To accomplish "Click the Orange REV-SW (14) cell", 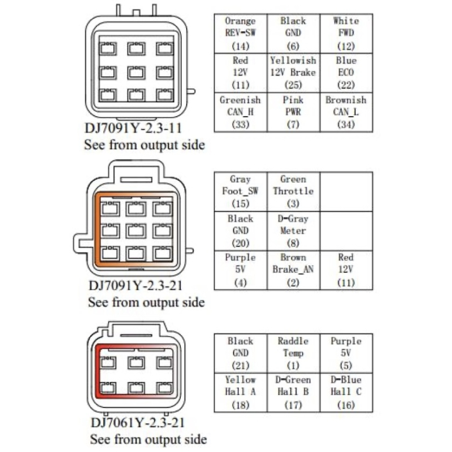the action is click(x=241, y=33).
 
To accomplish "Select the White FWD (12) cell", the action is click(x=346, y=33).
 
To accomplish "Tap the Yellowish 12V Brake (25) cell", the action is click(x=294, y=73).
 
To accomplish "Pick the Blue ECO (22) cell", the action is click(x=346, y=73).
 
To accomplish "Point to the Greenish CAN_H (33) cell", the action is click(x=241, y=112).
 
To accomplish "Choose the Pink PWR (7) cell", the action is click(x=294, y=112).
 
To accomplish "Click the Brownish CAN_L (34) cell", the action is click(x=346, y=112).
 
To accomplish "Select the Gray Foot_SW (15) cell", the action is click(x=241, y=192).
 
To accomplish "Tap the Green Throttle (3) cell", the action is click(x=294, y=192).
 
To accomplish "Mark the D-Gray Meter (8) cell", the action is click(x=294, y=231).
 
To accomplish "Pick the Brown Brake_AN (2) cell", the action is click(x=294, y=270).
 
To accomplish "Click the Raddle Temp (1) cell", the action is click(x=294, y=353).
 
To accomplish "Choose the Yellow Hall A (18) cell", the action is click(x=241, y=393).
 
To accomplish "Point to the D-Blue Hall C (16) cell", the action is click(x=346, y=393).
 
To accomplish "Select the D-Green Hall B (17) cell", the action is click(x=294, y=393).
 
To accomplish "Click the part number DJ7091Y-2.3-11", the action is click(x=133, y=128).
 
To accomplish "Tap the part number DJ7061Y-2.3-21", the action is click(x=137, y=423).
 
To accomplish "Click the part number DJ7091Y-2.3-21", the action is click(x=136, y=286).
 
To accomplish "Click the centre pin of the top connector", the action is click(x=137, y=72).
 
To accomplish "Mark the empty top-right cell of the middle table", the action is click(x=346, y=192).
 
